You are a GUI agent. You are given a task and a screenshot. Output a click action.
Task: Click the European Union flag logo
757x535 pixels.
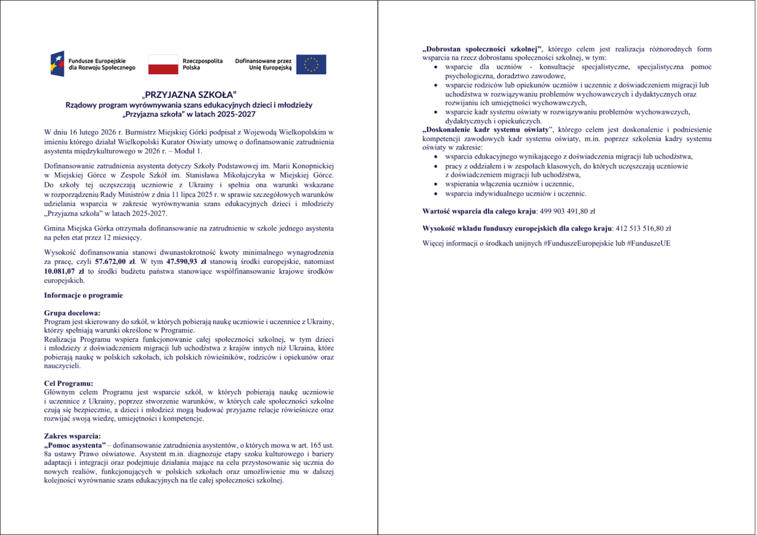(x=311, y=64)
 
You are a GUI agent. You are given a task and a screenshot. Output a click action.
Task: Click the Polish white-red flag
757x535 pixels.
(x=163, y=64)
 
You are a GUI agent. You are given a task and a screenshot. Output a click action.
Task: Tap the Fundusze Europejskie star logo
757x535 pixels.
(x=58, y=64)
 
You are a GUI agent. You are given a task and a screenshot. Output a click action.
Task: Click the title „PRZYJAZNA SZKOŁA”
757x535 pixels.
(x=189, y=95)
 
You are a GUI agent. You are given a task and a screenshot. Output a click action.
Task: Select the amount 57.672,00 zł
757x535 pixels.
(x=115, y=262)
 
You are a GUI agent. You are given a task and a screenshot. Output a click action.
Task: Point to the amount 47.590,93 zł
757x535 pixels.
(x=186, y=262)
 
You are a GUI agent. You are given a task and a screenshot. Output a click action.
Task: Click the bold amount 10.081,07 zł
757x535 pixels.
(x=64, y=271)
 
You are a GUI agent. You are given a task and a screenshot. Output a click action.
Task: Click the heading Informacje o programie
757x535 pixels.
(x=83, y=295)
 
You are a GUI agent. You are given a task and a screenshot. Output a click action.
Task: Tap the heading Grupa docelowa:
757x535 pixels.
(x=72, y=313)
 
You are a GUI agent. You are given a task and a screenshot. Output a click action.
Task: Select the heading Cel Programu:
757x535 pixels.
(x=68, y=383)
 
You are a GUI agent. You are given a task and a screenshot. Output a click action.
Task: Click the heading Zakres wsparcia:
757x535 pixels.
(x=72, y=436)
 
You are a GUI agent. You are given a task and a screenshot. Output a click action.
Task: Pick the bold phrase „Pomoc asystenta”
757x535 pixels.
(x=75, y=445)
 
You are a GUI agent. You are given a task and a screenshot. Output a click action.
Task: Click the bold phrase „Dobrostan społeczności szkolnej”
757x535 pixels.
(x=482, y=49)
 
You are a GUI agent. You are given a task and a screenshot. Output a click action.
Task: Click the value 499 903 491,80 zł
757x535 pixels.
(x=567, y=211)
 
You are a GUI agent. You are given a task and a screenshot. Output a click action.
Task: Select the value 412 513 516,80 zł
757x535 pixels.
(x=643, y=229)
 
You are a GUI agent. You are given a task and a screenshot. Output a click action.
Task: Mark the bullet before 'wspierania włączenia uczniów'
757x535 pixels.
(x=436, y=184)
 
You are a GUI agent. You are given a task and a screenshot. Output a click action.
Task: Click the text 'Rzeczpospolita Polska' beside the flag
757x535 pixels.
(x=202, y=64)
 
